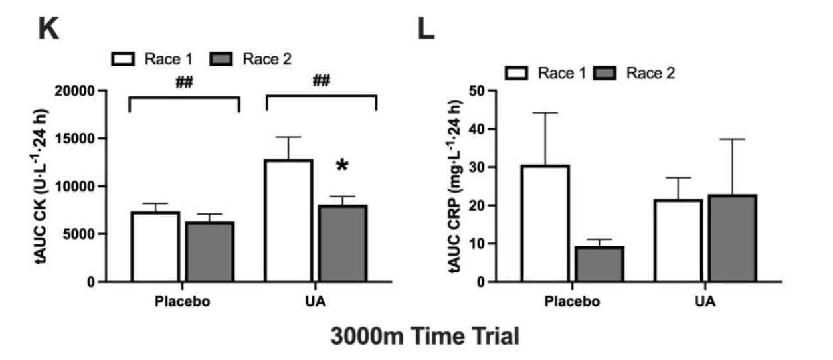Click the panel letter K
tap(48, 30)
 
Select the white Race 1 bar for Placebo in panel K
tap(155, 246)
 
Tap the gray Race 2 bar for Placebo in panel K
tap(209, 252)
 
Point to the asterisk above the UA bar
tap(342, 166)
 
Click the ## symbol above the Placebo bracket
tap(183, 82)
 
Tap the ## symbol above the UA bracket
tap(321, 82)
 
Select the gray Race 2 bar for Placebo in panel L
tap(600, 264)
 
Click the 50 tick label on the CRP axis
tap(476, 91)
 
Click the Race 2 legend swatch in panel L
tap(605, 72)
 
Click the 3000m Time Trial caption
tap(425, 336)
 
